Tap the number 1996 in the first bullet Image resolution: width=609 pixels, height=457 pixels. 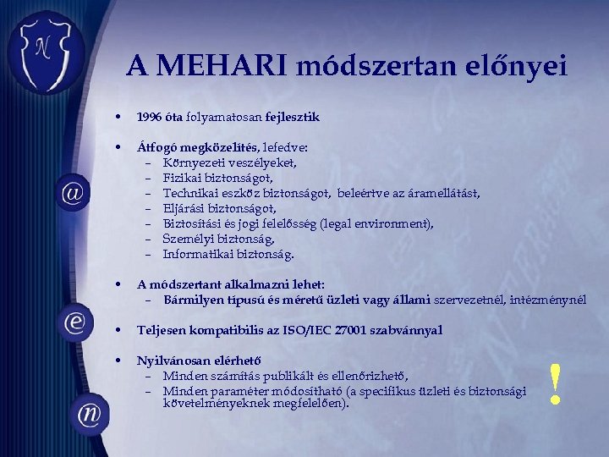pyautogui.click(x=150, y=116)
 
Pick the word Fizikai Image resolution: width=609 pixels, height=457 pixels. pyautogui.click(x=183, y=178)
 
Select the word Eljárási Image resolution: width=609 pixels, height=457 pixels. pyautogui.click(x=185, y=208)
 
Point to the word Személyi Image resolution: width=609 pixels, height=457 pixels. pyautogui.click(x=187, y=239)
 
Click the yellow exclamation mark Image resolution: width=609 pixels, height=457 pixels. pyautogui.click(x=556, y=384)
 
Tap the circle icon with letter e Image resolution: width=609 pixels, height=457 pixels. pyautogui.click(x=74, y=322)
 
